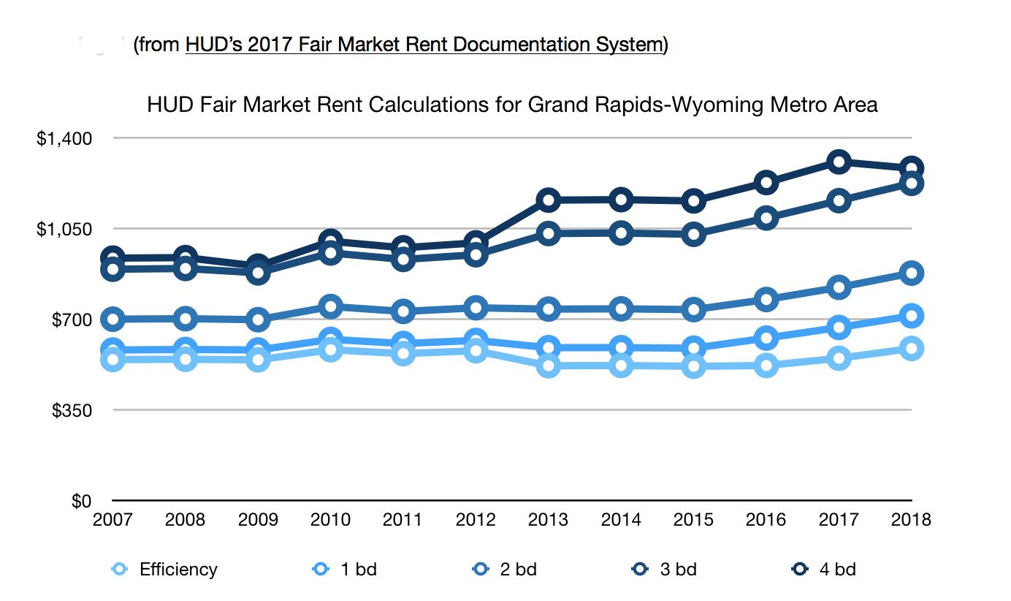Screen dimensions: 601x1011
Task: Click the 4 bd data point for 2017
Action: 839,162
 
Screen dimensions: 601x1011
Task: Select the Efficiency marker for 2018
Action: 911,348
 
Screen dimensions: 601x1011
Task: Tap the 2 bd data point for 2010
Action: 330,306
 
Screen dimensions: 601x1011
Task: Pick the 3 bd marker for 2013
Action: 548,233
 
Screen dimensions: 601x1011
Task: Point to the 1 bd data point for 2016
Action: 766,338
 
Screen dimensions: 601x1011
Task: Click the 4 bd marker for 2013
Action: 548,200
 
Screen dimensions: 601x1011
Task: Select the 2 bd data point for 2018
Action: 911,273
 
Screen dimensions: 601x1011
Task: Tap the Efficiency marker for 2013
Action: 548,366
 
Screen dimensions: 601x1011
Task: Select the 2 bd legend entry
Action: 505,570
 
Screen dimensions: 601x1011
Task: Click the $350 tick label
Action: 72,410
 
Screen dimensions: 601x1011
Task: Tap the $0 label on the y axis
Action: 81,501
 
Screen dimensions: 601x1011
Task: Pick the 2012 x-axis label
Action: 476,520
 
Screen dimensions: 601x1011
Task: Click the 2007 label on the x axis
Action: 112,520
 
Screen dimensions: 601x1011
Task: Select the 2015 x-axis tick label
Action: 693,520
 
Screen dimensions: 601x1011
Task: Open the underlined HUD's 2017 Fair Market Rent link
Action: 424,45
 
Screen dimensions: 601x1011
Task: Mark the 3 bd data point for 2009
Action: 257,273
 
